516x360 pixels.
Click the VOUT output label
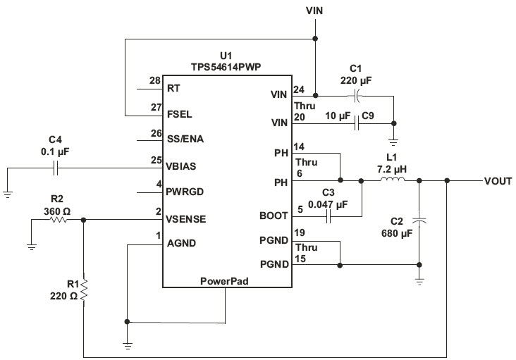(x=498, y=181)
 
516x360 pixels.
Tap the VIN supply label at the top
(x=314, y=11)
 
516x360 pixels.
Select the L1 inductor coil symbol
(x=392, y=180)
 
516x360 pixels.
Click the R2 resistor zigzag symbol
(x=59, y=220)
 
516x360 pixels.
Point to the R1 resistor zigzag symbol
(x=84, y=290)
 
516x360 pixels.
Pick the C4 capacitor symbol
(x=56, y=168)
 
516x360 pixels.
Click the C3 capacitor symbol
(x=328, y=216)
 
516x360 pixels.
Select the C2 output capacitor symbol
(x=419, y=220)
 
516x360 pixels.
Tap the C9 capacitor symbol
(x=357, y=123)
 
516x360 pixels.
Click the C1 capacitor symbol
(x=357, y=96)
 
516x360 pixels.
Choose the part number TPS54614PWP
(x=226, y=67)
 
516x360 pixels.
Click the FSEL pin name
(x=179, y=114)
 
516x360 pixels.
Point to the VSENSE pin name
(x=185, y=219)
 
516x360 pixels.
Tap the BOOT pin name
(x=274, y=216)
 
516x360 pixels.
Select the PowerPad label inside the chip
(x=224, y=281)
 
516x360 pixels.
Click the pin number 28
(x=155, y=80)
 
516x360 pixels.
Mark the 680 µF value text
(x=397, y=233)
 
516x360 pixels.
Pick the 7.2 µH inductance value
(x=392, y=169)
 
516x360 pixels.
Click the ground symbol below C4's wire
(x=8, y=194)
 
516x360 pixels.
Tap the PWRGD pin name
(x=185, y=192)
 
